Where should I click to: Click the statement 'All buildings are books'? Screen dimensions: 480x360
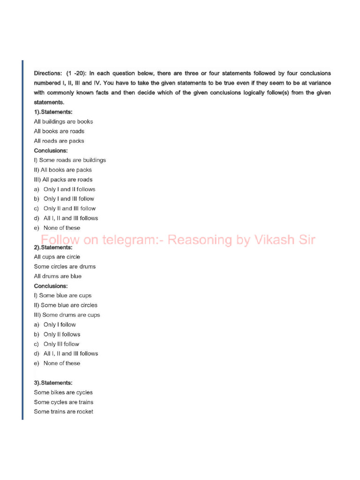tap(63, 121)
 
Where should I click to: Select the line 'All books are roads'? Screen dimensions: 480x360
tap(59, 131)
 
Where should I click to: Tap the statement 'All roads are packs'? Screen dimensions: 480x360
tap(59, 141)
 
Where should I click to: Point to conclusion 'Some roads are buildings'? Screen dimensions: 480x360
tap(70, 160)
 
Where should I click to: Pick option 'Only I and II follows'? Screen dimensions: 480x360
tap(69, 189)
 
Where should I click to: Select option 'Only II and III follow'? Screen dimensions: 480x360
tap(69, 209)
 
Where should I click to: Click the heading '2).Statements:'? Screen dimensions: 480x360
tap(53, 247)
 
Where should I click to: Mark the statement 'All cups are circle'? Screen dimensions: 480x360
tap(57, 257)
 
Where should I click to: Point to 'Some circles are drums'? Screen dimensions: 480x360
tap(65, 266)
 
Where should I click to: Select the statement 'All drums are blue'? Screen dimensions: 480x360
tap(58, 276)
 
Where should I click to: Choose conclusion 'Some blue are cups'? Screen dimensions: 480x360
tap(63, 295)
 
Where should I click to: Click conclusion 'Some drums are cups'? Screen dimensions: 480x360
tap(67, 315)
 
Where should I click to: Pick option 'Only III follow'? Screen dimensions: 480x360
tap(61, 344)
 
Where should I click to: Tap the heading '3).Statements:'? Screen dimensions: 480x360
tap(53, 382)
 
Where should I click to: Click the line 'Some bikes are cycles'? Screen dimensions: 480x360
tap(63, 392)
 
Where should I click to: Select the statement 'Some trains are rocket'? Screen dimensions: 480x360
tap(63, 412)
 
